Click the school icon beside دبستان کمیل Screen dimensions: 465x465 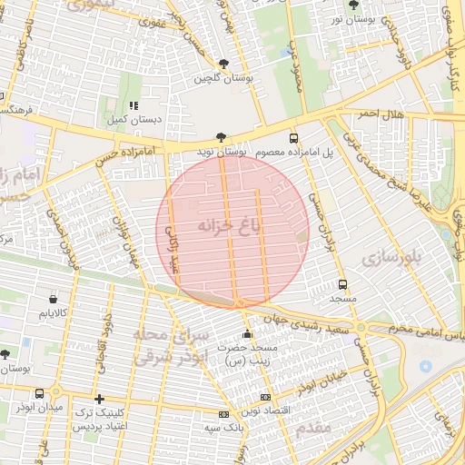click(x=134, y=104)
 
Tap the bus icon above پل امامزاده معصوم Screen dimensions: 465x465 click(x=292, y=138)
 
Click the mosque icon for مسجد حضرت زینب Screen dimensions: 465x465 click(x=247, y=333)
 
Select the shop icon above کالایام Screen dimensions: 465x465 click(x=54, y=298)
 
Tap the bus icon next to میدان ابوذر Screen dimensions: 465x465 click(x=39, y=394)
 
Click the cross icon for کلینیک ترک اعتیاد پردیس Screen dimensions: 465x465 click(x=99, y=399)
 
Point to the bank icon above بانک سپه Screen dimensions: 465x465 click(x=223, y=413)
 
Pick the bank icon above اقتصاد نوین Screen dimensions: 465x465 click(x=265, y=397)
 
